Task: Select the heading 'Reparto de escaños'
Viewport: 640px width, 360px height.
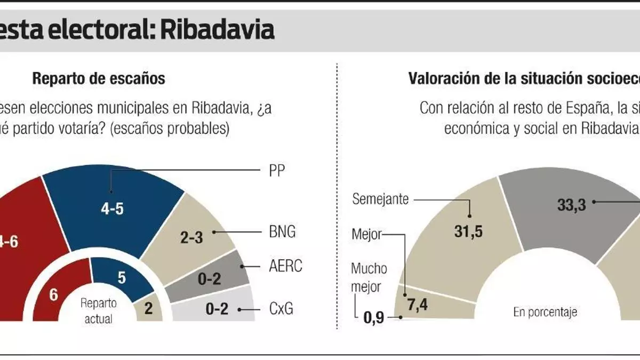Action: click(99, 79)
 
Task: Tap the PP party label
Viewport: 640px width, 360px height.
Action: click(277, 171)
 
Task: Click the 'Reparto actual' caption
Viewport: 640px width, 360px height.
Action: click(98, 311)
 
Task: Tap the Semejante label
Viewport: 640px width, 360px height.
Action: click(380, 199)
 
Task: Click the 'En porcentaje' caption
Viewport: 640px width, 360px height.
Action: click(545, 312)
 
